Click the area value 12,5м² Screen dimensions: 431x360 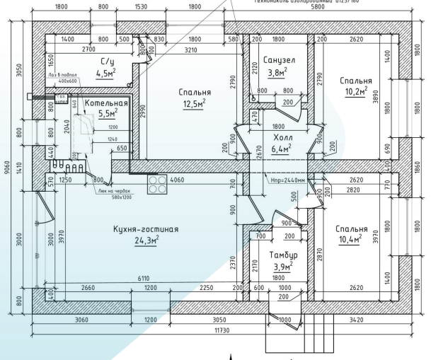[x=192, y=104]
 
